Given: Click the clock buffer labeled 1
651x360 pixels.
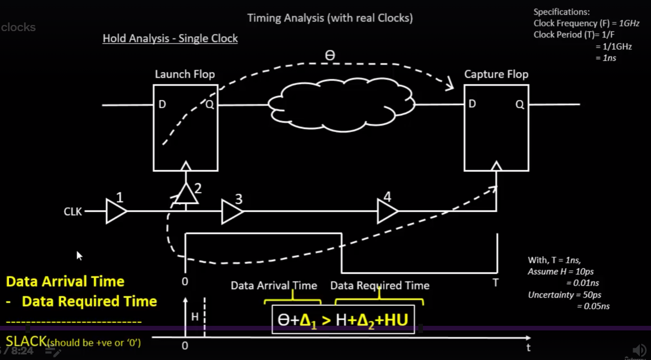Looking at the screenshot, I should point(115,211).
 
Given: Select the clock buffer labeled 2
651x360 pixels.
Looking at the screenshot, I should point(186,194).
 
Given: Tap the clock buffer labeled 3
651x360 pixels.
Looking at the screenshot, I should point(231,211).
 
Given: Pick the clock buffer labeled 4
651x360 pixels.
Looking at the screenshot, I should point(387,211).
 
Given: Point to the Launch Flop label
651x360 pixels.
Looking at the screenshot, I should point(185,74).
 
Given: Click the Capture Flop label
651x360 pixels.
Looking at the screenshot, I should point(496,74).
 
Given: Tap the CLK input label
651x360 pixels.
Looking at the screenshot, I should point(73,212).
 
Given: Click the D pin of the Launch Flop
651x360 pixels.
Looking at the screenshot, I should point(162,105).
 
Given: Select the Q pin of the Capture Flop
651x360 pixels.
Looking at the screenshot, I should point(519,105).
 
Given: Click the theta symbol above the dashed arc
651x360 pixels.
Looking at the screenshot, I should point(330,56).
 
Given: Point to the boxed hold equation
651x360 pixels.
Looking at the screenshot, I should point(343,320).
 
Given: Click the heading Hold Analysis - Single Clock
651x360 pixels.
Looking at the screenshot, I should point(170,39).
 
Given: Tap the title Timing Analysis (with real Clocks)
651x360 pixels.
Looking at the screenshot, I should point(330,18).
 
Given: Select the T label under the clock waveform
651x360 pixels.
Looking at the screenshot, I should point(495,282).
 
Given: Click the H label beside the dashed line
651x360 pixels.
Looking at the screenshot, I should point(195,317).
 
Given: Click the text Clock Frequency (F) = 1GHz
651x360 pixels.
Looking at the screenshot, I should point(586,23).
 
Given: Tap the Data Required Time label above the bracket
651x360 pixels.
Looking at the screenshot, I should point(380,286).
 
